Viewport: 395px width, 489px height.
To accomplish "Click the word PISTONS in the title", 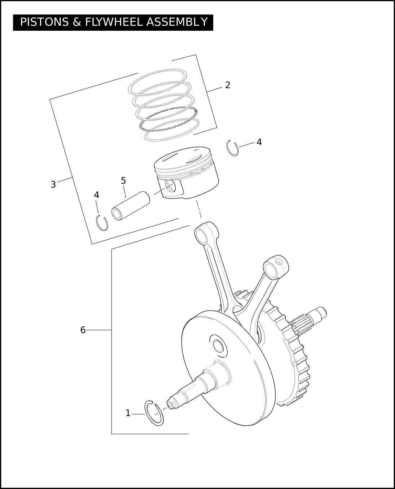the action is click(x=44, y=22).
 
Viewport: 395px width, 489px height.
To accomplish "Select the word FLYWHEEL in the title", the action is click(x=114, y=22).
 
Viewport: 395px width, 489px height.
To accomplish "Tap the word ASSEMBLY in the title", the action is click(x=177, y=22).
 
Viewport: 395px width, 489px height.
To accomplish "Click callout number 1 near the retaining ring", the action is click(x=128, y=413).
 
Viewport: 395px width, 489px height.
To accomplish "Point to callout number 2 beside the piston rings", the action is click(x=228, y=85).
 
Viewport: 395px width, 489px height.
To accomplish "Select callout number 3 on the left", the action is click(x=53, y=184).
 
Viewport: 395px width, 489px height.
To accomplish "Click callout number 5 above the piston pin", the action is click(x=123, y=181).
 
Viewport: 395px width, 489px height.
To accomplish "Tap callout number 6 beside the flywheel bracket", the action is click(x=83, y=330).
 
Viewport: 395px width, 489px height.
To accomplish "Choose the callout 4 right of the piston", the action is click(x=259, y=142).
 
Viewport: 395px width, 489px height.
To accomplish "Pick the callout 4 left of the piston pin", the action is click(x=97, y=195).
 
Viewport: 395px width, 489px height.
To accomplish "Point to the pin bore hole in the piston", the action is click(x=170, y=186).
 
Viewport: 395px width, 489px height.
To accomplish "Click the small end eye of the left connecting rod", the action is click(x=202, y=235).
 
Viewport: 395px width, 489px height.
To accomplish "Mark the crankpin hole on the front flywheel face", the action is click(x=218, y=345).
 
